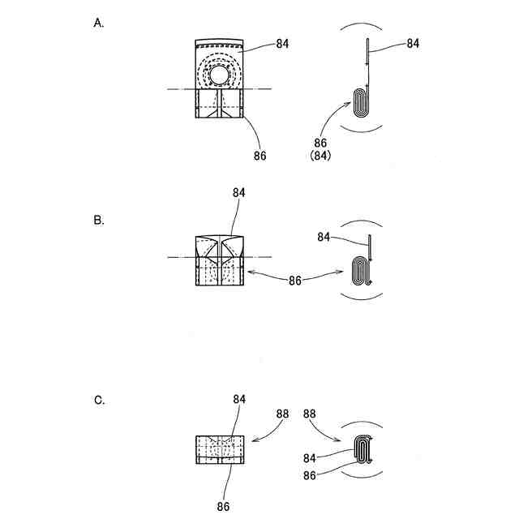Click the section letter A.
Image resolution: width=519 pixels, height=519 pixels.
99,23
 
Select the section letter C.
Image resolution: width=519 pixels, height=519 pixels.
99,400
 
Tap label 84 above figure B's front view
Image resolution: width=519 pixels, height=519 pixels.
238,193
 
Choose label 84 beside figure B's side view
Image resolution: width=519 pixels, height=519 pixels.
325,237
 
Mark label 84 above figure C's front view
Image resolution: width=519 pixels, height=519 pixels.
238,399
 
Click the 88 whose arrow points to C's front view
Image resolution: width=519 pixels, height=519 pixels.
281,413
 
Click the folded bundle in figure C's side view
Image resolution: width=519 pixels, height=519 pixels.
363,448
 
